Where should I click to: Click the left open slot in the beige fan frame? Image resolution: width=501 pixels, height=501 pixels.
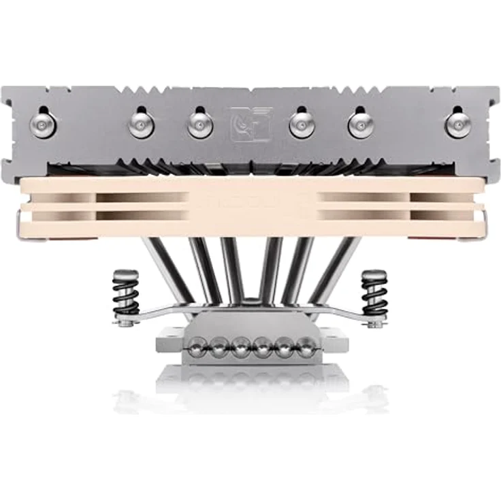[x=143, y=206]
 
